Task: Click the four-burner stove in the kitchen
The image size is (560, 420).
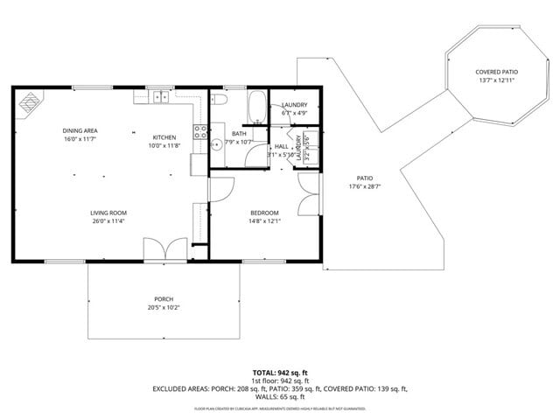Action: coord(199,133)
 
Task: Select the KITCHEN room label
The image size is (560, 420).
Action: coord(164,137)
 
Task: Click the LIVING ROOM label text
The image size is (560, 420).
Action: coord(108,213)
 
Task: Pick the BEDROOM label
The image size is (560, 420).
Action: coord(264,213)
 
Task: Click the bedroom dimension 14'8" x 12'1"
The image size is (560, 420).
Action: coord(264,220)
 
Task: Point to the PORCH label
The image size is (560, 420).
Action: coord(164,299)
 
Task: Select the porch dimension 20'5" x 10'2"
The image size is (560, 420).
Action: coord(164,308)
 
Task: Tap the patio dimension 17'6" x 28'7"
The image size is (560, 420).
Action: coord(365,185)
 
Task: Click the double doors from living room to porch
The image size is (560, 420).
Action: coord(164,249)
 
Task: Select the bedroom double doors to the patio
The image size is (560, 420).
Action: coord(308,194)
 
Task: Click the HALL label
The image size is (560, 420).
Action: coord(281,146)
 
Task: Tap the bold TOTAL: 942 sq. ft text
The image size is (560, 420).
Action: coord(280,373)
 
